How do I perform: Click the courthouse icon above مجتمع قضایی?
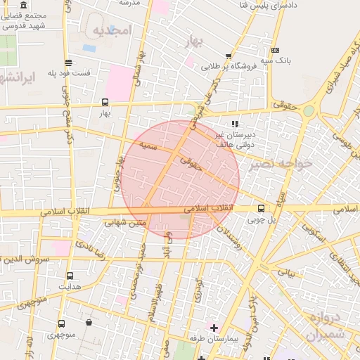24,5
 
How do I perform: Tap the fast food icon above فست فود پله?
67,63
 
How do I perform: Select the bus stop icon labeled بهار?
105,101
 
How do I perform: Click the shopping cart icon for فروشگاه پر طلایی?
229,57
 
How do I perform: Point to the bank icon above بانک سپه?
274,50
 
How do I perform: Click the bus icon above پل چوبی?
262,208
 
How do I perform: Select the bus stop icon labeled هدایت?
70,276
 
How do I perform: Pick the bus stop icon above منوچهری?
62,324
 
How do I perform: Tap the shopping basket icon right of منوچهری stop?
89,323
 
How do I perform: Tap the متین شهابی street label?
125,223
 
